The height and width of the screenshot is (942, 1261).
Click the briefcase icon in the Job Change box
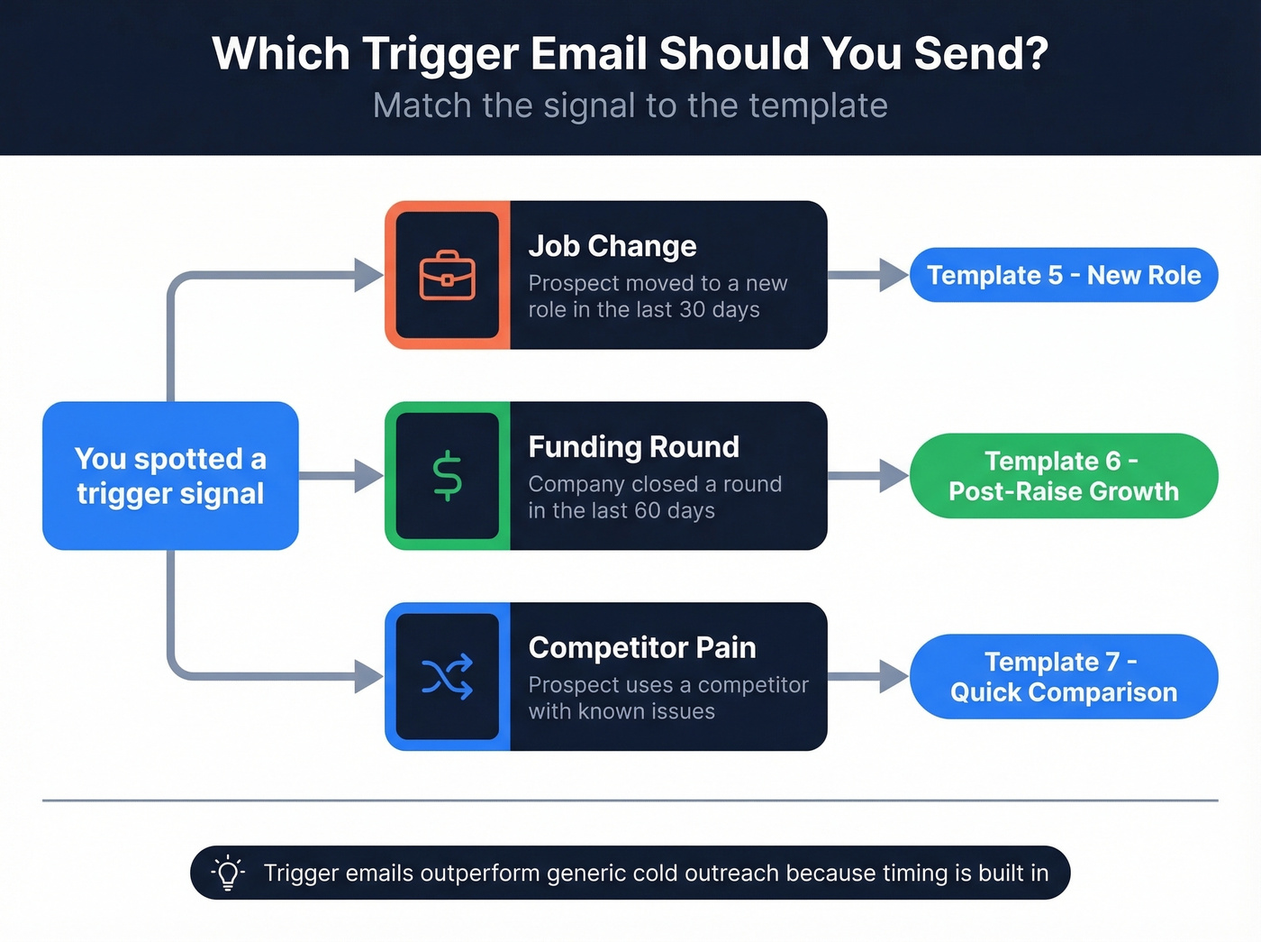pos(447,275)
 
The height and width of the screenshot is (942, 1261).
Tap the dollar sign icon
pos(447,476)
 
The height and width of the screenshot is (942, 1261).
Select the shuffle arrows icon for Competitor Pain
pos(447,677)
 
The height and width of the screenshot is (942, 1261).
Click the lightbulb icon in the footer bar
pos(228,873)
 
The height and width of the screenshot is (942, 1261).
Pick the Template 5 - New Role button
pos(1064,275)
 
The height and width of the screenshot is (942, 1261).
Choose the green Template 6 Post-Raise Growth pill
pos(1064,476)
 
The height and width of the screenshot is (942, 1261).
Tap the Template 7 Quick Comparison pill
pos(1064,677)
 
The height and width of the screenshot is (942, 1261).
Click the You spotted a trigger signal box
pos(170,476)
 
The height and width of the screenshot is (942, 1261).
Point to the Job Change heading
pos(612,246)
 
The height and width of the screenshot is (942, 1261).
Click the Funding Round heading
pos(633,447)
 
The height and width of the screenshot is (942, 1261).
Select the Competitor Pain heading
pos(642,647)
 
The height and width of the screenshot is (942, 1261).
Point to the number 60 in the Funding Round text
pos(647,511)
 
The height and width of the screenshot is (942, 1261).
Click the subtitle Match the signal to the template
pos(630,105)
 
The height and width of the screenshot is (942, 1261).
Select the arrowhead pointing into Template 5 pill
pos(894,275)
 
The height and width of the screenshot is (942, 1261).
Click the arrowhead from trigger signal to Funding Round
pos(369,476)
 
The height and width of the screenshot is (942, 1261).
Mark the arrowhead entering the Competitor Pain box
pos(369,677)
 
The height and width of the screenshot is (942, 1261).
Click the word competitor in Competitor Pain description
pos(753,685)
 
